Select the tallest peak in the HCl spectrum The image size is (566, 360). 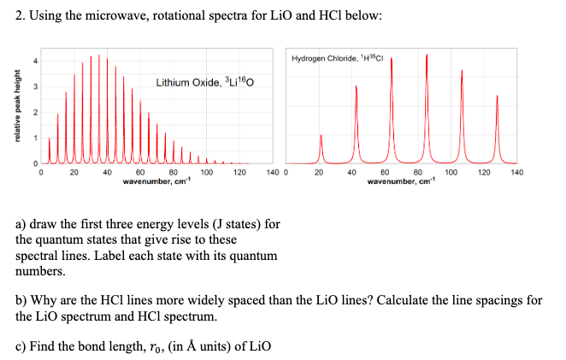(427, 103)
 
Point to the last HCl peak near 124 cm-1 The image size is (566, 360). (497, 128)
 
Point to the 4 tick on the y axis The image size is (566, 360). (35, 61)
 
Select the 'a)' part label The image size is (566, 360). (22, 225)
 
